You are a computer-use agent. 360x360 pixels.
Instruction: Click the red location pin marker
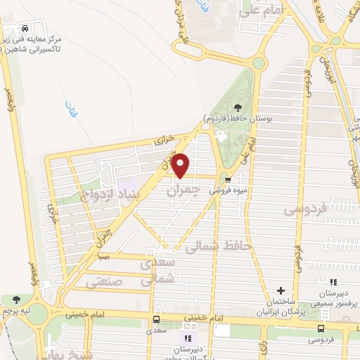(x=181, y=165)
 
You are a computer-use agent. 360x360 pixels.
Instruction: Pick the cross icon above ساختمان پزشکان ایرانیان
(x=281, y=290)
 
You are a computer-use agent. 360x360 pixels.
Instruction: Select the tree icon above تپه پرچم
(x=16, y=300)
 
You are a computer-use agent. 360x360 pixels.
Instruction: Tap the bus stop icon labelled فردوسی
(x=321, y=328)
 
